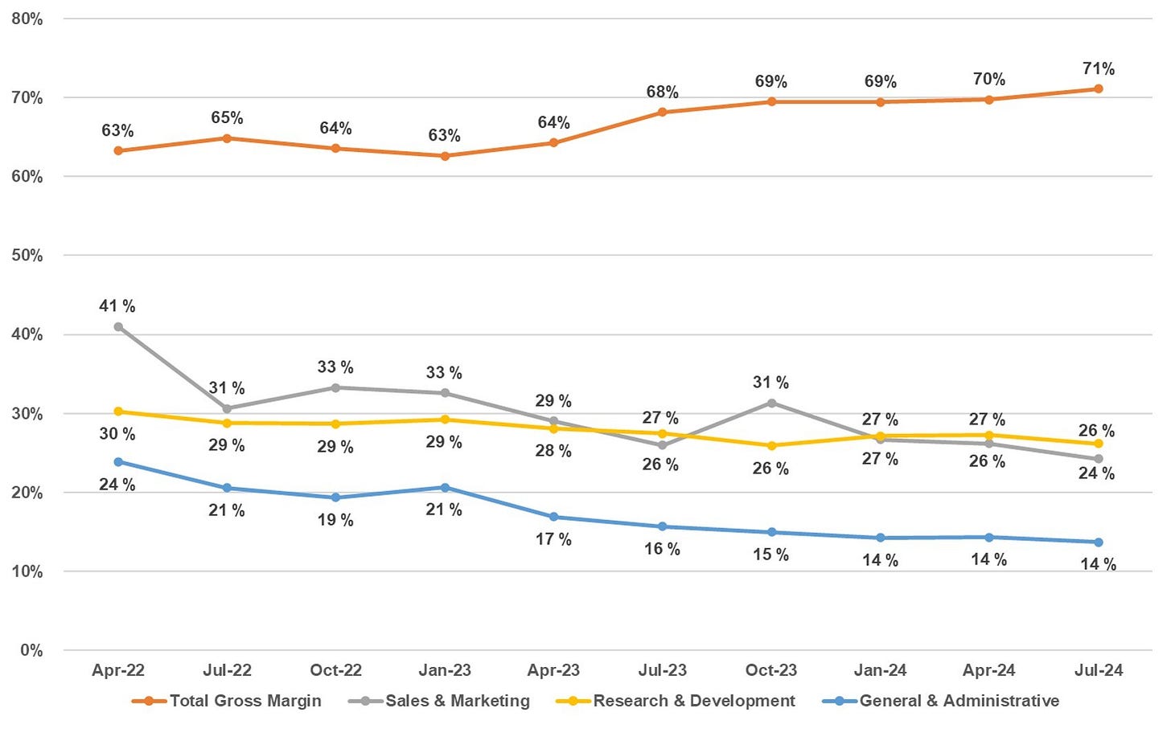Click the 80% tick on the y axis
(x=27, y=18)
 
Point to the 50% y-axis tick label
(x=27, y=256)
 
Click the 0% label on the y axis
(x=31, y=650)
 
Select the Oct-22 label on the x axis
(x=335, y=670)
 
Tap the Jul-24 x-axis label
(x=1099, y=670)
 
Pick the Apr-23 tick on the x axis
(x=553, y=670)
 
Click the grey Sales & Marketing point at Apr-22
(x=118, y=327)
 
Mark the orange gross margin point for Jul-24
(x=1099, y=88)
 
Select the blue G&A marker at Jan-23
(x=445, y=488)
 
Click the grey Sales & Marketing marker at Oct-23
(x=772, y=403)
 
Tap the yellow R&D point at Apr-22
(x=118, y=412)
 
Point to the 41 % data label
(x=117, y=306)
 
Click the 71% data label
(x=1099, y=69)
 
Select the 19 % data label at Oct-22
(x=335, y=520)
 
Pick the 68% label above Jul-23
(x=662, y=92)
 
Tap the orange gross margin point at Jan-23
(x=445, y=156)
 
